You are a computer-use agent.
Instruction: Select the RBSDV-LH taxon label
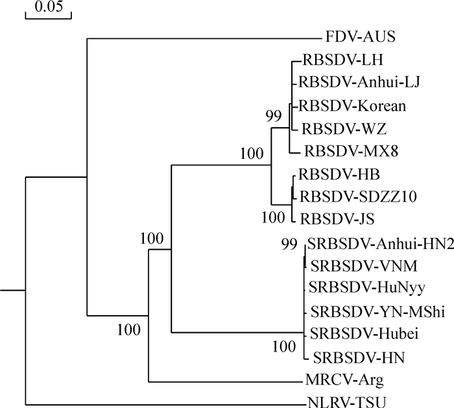click(334, 60)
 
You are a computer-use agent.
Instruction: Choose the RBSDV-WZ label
click(335, 129)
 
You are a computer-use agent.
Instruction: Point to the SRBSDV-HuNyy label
click(356, 287)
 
